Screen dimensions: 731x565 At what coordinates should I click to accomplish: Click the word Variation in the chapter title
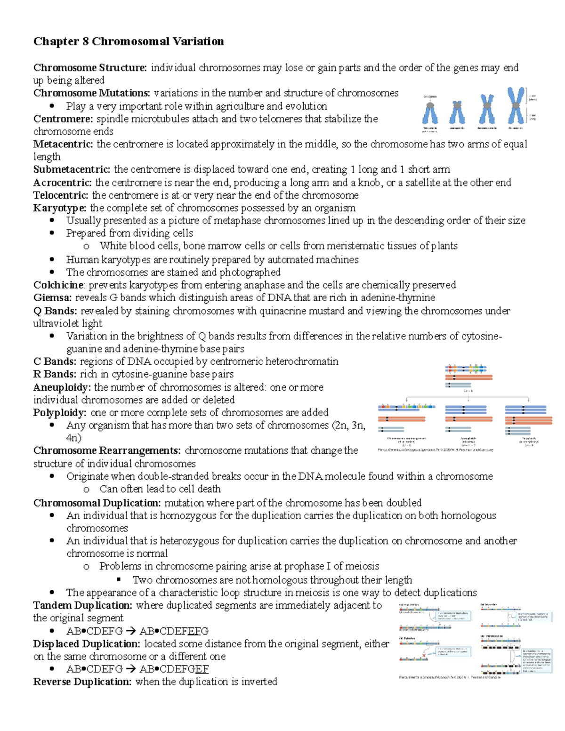(198, 41)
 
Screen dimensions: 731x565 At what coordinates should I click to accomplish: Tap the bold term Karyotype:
(60, 208)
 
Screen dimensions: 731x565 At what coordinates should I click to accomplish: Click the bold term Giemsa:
(52, 298)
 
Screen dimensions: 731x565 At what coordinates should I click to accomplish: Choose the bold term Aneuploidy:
(62, 387)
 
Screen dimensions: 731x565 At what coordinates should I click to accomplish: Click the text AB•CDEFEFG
(174, 631)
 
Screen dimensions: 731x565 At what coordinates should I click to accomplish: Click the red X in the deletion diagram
(424, 655)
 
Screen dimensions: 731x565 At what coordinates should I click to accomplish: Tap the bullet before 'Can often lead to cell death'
(86, 490)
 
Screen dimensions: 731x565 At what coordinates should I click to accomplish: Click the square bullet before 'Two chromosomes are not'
(119, 580)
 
